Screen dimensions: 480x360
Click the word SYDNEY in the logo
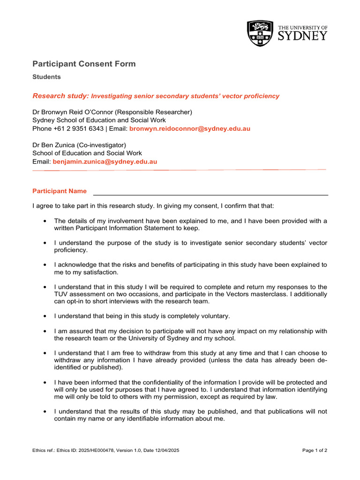tap(302, 37)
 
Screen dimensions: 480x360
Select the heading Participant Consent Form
tap(84, 64)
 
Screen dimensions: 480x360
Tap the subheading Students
tap(46, 77)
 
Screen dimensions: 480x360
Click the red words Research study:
tap(60, 96)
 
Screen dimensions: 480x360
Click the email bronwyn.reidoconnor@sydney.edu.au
tap(190, 128)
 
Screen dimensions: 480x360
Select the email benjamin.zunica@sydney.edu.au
tap(105, 161)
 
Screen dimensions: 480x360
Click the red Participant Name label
tap(60, 191)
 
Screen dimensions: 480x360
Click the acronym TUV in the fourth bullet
tap(60, 294)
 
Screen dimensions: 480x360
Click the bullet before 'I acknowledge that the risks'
tap(45, 265)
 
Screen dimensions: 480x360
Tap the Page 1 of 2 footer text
tap(315, 450)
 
